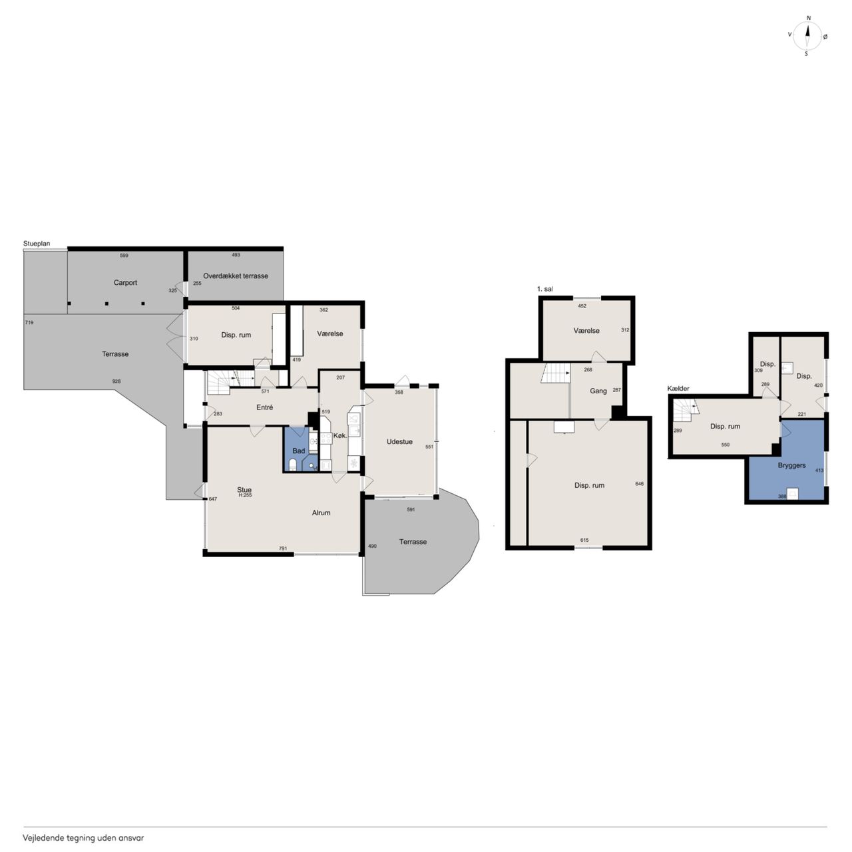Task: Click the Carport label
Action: coord(125,282)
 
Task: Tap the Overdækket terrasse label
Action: coord(236,276)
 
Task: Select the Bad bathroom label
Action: coord(299,451)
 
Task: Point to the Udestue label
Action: coord(399,442)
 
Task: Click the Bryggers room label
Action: coord(791,465)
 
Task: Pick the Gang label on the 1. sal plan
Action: coord(598,391)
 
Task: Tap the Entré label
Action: coord(264,407)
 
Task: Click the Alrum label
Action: coord(321,513)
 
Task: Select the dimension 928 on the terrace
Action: coord(116,381)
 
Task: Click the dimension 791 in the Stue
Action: coord(283,548)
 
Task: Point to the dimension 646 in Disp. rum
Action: coord(639,484)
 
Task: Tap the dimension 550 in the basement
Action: coord(725,445)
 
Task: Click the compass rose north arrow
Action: coord(807,36)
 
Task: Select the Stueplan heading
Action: coord(37,244)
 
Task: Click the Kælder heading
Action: coord(678,389)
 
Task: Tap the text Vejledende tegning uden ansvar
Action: coord(83,838)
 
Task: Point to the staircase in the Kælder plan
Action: coord(685,411)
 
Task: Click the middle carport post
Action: coord(106,304)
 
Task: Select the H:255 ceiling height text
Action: coord(245,495)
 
